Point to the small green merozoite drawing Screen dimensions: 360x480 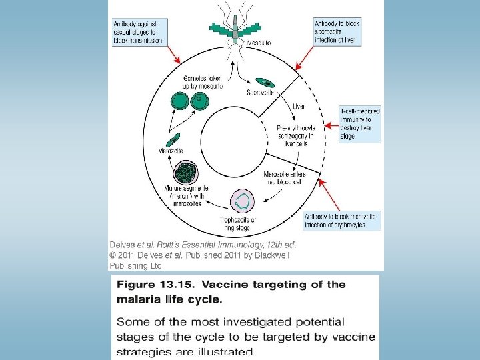pyautogui.click(x=173, y=140)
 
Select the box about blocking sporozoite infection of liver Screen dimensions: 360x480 pyautogui.click(x=338, y=31)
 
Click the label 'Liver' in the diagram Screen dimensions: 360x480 pyautogui.click(x=299, y=106)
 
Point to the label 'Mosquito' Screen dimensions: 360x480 pyautogui.click(x=259, y=44)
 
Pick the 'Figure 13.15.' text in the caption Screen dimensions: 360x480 pyautogui.click(x=155, y=285)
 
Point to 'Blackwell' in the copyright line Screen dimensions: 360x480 pyautogui.click(x=274, y=255)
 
